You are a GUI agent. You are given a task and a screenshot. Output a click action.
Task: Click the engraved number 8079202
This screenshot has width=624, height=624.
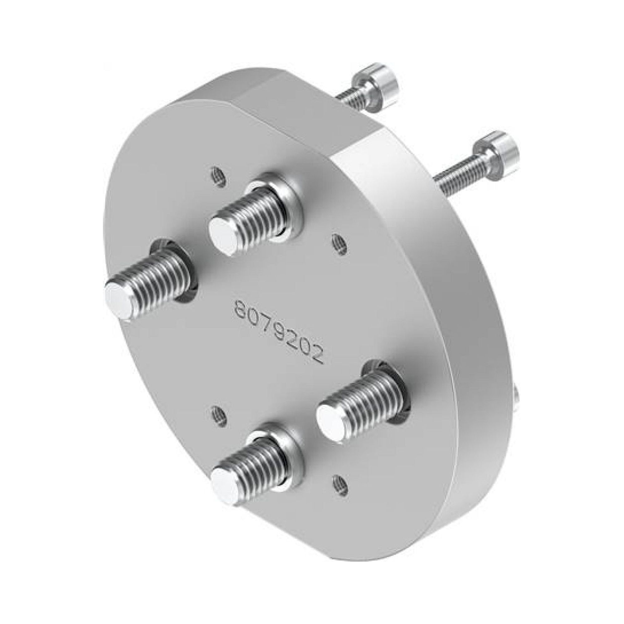[280, 333]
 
